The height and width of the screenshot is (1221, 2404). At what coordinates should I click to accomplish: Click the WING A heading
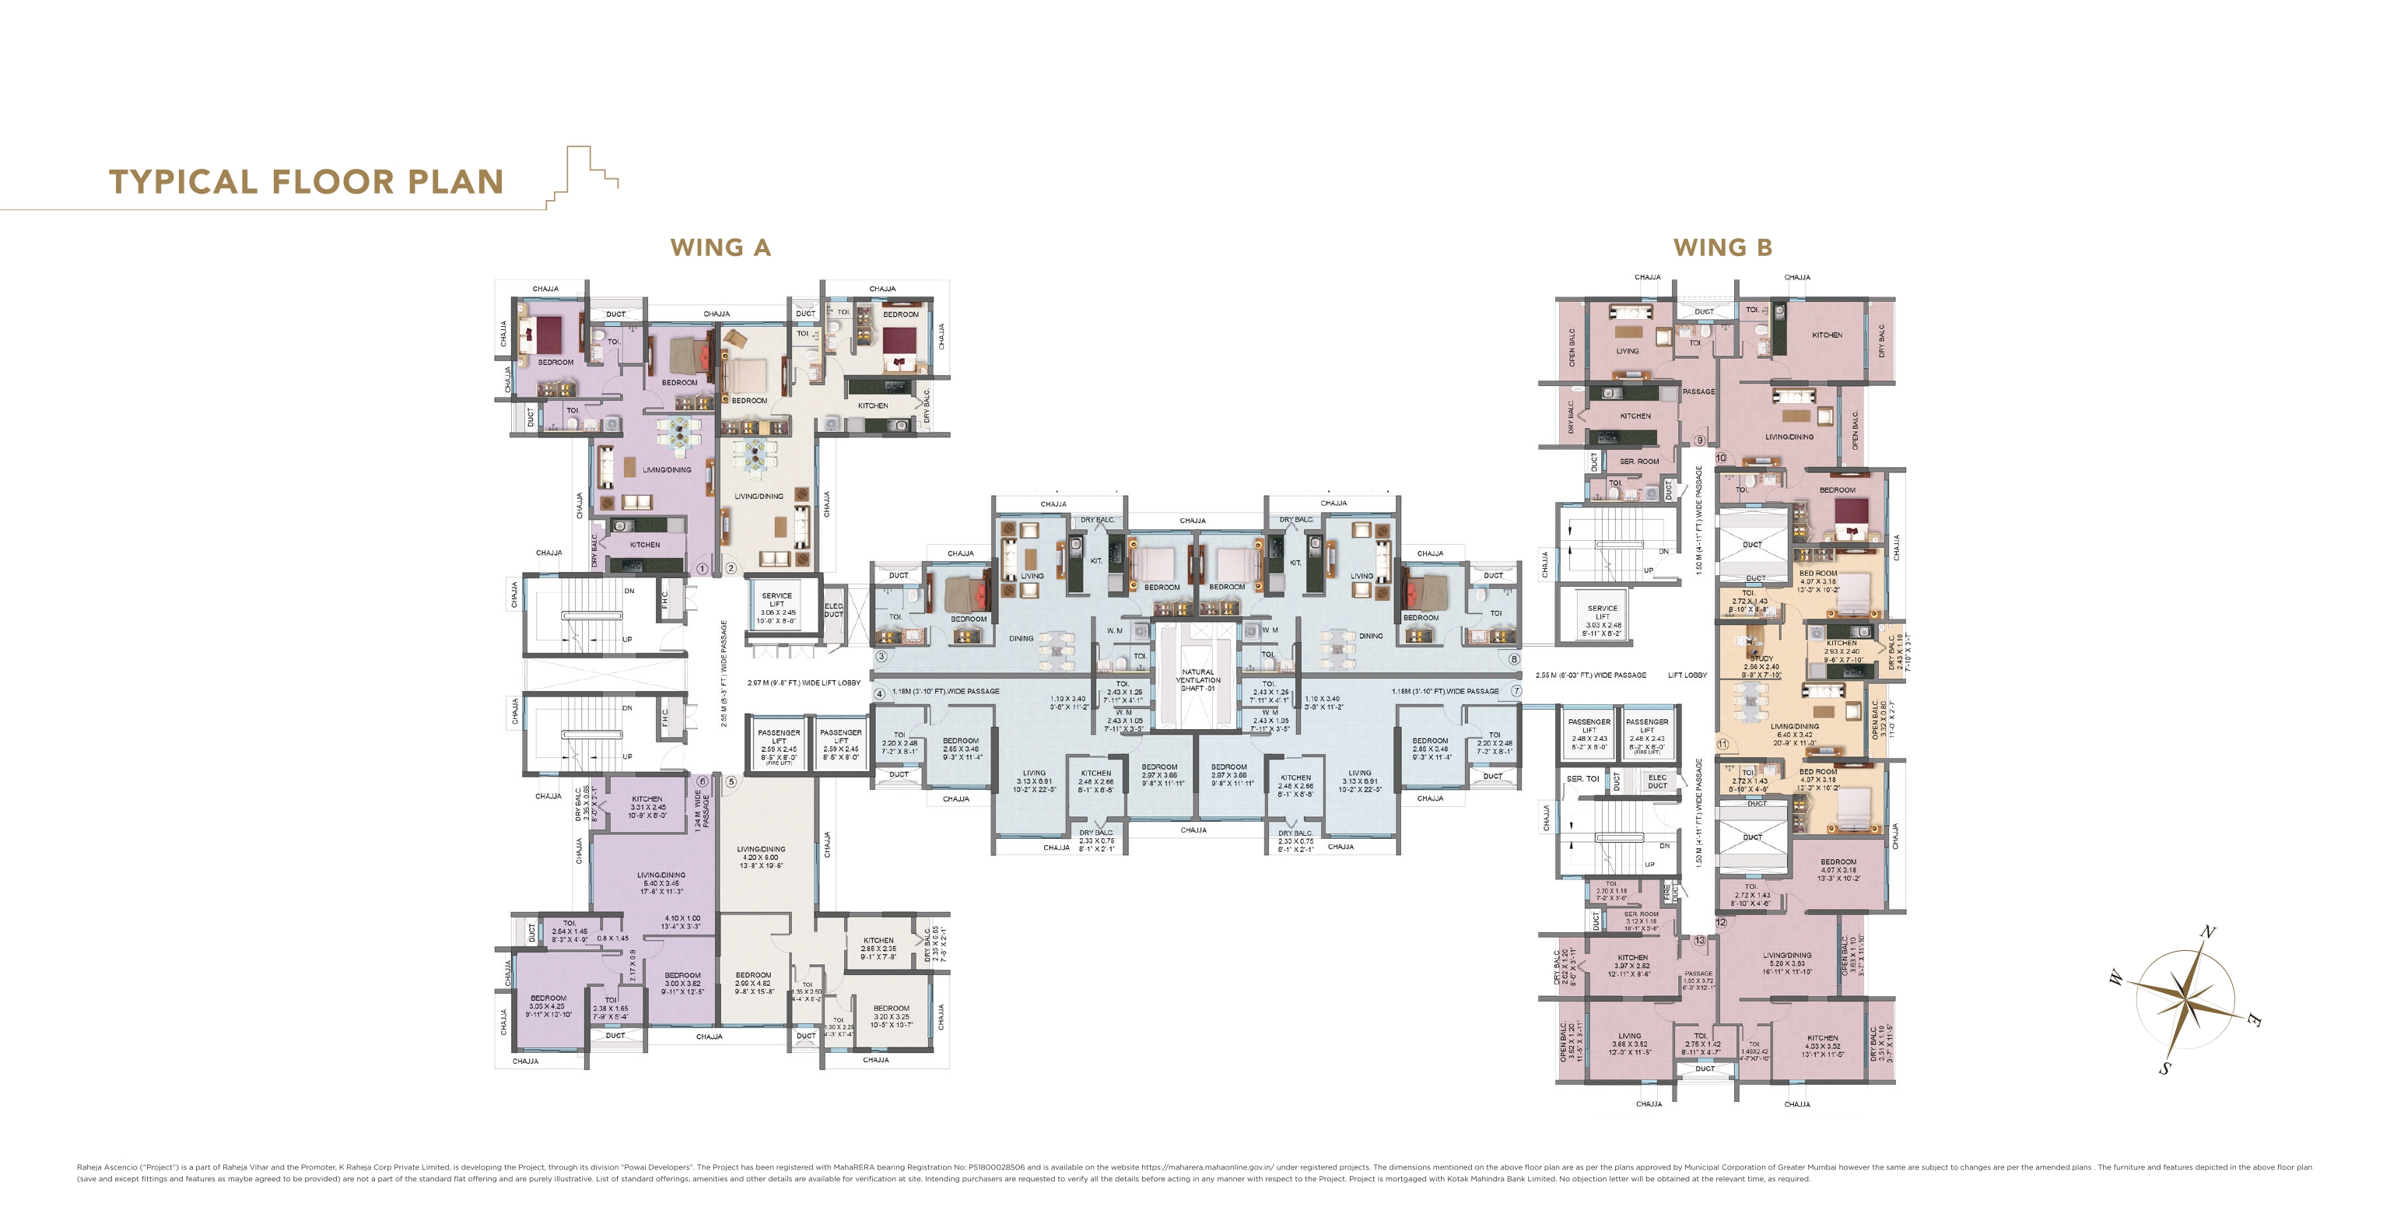pyautogui.click(x=720, y=247)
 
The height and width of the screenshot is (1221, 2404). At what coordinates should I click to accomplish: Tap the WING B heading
pyautogui.click(x=1722, y=247)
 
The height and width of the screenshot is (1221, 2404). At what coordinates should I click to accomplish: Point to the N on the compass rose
pyautogui.click(x=2208, y=932)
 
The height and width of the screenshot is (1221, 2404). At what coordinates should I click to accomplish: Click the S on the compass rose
pyautogui.click(x=2164, y=1068)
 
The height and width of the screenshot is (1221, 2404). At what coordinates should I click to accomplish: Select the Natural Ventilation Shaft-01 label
pyautogui.click(x=1197, y=679)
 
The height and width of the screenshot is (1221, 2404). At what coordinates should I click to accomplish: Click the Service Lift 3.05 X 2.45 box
pyautogui.click(x=776, y=608)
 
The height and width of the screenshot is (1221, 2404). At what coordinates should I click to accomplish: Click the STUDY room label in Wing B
pyautogui.click(x=1761, y=659)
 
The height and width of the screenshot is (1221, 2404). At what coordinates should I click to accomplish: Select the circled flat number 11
pyautogui.click(x=1722, y=744)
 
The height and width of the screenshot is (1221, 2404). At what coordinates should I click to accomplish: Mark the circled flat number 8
pyautogui.click(x=1515, y=659)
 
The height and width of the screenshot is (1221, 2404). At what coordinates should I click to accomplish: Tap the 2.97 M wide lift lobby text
pyautogui.click(x=804, y=682)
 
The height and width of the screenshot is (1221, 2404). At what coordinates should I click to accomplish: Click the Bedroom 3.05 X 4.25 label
pyautogui.click(x=548, y=1005)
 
